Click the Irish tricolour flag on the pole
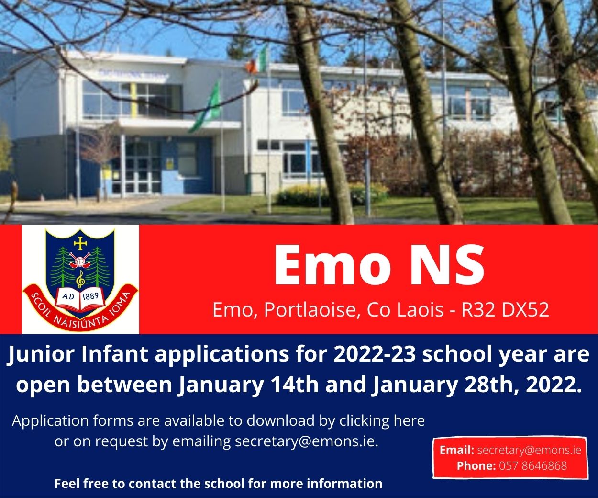click(x=256, y=61)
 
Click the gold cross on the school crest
click(x=80, y=244)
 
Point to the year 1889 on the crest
click(x=90, y=296)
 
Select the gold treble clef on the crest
click(x=80, y=279)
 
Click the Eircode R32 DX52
click(x=505, y=310)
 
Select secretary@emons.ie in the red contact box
click(x=529, y=450)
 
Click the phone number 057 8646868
click(x=533, y=465)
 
